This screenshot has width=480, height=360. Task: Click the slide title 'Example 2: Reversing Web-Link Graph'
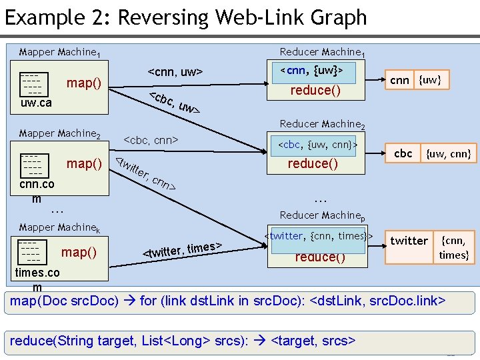click(x=186, y=17)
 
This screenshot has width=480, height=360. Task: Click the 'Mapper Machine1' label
click(x=59, y=52)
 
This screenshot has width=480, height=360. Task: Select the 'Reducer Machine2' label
click(x=322, y=124)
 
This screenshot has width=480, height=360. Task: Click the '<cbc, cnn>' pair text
click(x=151, y=140)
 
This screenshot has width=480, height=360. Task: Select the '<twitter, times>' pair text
click(x=183, y=250)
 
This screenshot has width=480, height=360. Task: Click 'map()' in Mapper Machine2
click(x=84, y=164)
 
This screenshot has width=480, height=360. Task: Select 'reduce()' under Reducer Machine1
click(x=316, y=90)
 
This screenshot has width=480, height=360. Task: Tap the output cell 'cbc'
click(x=403, y=153)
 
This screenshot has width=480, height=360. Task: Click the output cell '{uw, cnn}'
click(x=449, y=154)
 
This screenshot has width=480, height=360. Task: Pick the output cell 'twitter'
click(x=409, y=241)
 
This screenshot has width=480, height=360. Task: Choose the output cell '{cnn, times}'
click(x=453, y=247)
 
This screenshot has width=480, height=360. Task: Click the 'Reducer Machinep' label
click(x=322, y=215)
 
